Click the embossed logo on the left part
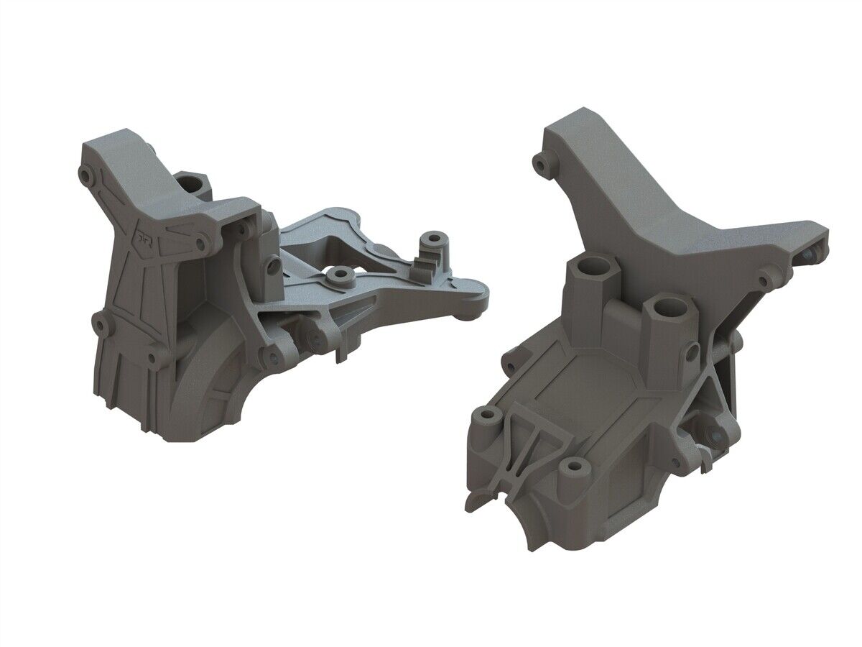(144, 237)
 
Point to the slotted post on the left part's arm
(432, 248)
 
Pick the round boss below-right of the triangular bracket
(573, 470)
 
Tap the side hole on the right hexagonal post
(691, 352)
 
